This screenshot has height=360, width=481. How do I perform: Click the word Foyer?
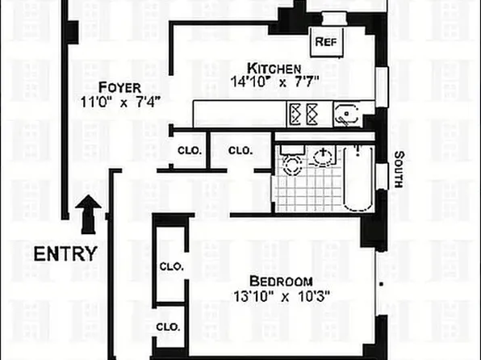[x=119, y=87]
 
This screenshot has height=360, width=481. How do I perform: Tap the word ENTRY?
[x=65, y=253]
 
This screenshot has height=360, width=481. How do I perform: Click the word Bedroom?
[x=280, y=281]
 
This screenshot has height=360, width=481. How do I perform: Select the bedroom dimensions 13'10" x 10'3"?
[x=280, y=296]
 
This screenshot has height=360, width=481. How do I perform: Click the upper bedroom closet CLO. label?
[x=171, y=266]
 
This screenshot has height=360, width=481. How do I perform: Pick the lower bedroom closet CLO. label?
[x=168, y=327]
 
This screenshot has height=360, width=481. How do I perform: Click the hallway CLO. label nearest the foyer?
[x=190, y=151]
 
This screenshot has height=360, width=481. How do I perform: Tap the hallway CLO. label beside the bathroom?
[x=240, y=151]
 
